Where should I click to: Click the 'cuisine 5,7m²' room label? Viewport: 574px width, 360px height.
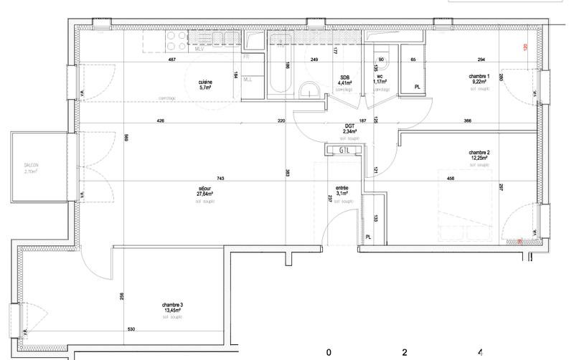[x=210, y=85]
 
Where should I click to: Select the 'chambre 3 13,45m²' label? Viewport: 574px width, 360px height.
[x=172, y=308]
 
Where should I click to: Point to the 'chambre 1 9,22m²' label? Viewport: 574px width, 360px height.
[x=479, y=80]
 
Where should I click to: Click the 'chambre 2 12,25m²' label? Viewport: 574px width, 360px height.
[x=479, y=156]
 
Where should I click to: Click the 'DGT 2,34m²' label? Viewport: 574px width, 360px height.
[x=349, y=129]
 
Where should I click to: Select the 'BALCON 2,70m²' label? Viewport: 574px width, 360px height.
[x=31, y=169]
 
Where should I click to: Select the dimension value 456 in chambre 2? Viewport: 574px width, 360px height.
[x=451, y=179]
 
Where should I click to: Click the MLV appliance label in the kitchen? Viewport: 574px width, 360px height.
[x=200, y=49]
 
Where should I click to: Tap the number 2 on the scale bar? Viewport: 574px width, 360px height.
[x=405, y=352]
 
